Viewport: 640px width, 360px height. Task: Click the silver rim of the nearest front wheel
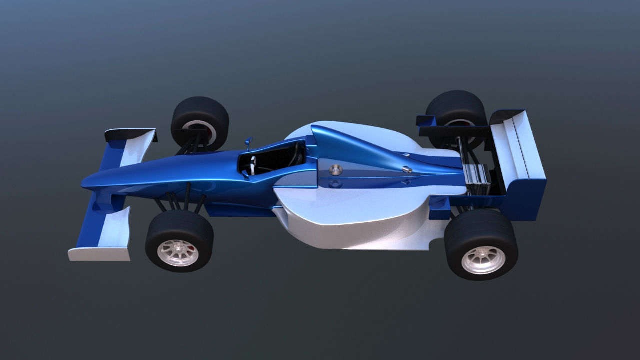(178, 253)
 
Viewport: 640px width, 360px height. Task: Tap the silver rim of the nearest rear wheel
(483, 260)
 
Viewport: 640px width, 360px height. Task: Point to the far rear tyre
(456, 107)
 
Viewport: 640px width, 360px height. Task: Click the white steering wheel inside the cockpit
(253, 165)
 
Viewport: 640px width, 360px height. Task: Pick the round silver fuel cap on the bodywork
(336, 170)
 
